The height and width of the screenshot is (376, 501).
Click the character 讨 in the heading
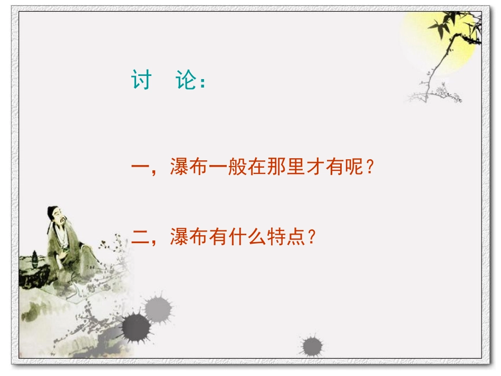[141, 81]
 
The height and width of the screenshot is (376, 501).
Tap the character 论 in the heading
[186, 81]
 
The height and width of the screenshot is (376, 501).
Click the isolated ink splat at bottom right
[312, 346]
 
